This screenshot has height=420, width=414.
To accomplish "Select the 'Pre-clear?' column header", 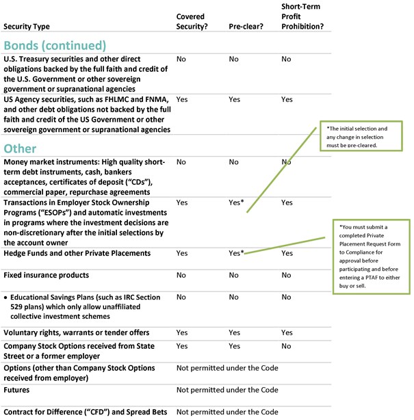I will tap(244, 27).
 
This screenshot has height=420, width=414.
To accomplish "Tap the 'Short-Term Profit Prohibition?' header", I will tap(302, 16).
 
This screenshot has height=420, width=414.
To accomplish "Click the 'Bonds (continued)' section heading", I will tap(55, 45).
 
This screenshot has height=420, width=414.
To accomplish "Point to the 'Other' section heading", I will tap(20, 148).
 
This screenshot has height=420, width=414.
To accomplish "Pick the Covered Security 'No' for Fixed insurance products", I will tap(181, 275).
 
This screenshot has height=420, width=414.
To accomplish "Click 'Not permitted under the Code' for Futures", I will tap(227, 390).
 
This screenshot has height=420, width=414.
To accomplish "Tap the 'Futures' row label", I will tap(16, 390).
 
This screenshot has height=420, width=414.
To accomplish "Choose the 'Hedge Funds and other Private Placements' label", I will tap(77, 253).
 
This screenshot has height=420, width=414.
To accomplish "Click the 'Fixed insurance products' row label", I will tap(46, 275).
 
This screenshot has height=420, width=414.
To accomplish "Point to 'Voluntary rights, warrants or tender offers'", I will tap(76, 332).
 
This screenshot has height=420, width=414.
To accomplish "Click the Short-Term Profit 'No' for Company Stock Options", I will tap(286, 346).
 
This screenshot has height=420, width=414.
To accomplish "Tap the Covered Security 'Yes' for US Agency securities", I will tap(182, 99).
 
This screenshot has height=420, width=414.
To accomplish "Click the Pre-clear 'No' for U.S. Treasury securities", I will tap(233, 60).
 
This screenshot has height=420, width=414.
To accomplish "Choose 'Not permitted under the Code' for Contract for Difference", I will tap(227, 412).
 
